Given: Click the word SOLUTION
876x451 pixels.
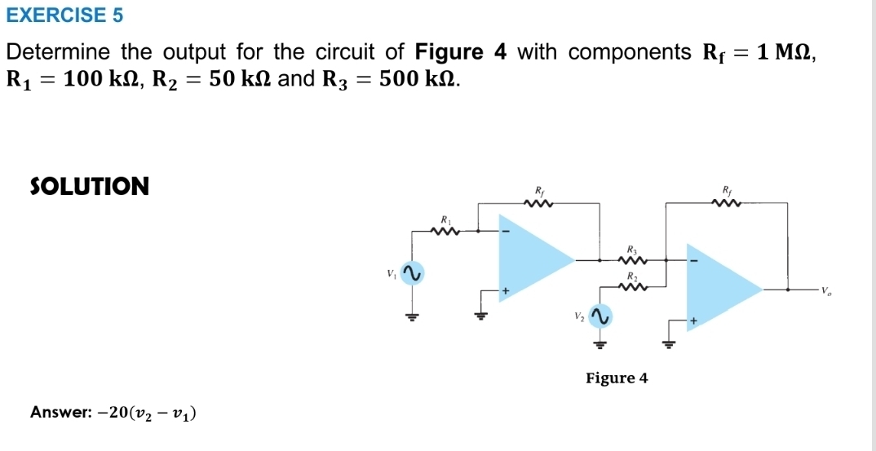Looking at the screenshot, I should (x=90, y=187).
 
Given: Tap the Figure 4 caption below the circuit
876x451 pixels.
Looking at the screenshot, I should (x=617, y=378).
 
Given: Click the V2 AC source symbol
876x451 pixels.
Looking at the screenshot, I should (x=601, y=316).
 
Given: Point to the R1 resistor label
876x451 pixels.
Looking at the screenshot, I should (x=446, y=220).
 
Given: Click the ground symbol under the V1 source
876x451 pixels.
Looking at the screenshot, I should (x=414, y=316).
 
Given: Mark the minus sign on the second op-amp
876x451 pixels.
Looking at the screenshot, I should (x=695, y=261).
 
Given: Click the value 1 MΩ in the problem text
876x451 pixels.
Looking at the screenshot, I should (x=784, y=53).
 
